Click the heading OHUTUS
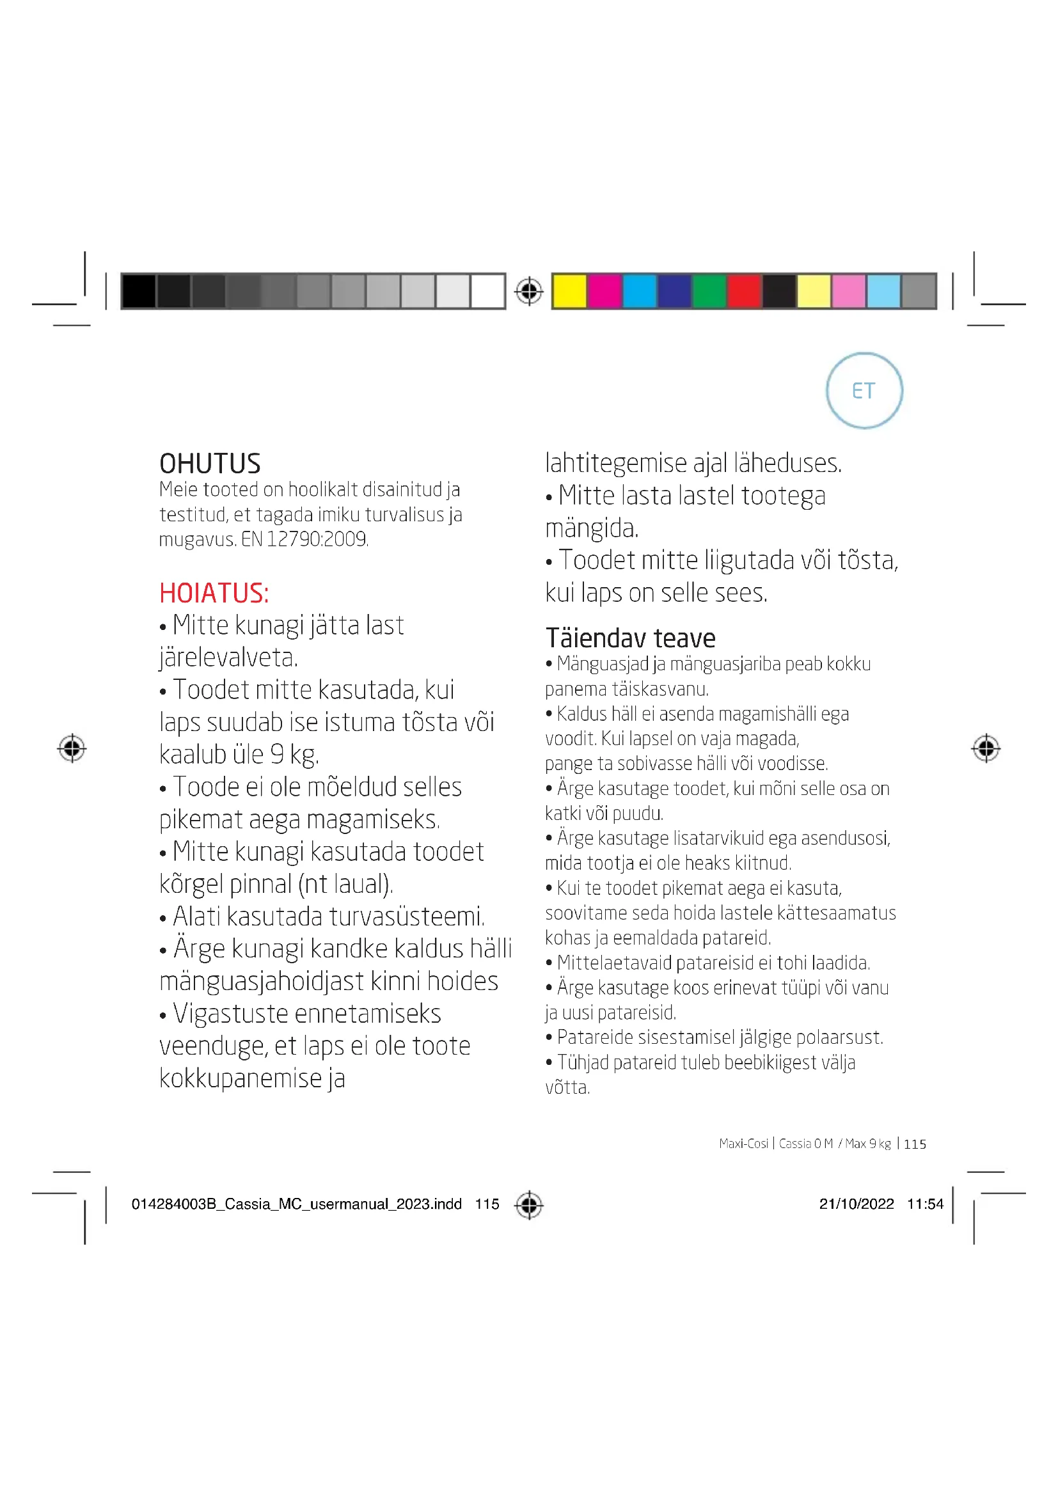click(x=210, y=464)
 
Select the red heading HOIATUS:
click(x=214, y=593)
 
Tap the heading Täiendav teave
click(x=630, y=638)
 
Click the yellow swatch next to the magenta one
click(x=569, y=290)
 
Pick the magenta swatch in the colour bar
click(x=604, y=290)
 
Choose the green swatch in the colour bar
click(x=709, y=290)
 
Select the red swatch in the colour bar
click(x=744, y=290)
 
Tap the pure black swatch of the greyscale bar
click(x=138, y=290)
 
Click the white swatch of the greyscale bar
click(x=487, y=290)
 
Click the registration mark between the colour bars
click(x=528, y=290)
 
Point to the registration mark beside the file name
click(x=528, y=1204)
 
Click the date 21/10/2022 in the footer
click(x=856, y=1204)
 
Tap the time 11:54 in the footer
click(x=924, y=1204)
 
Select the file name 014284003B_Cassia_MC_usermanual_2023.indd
click(x=296, y=1204)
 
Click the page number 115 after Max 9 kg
click(x=915, y=1144)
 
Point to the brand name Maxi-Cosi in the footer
click(x=743, y=1144)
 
